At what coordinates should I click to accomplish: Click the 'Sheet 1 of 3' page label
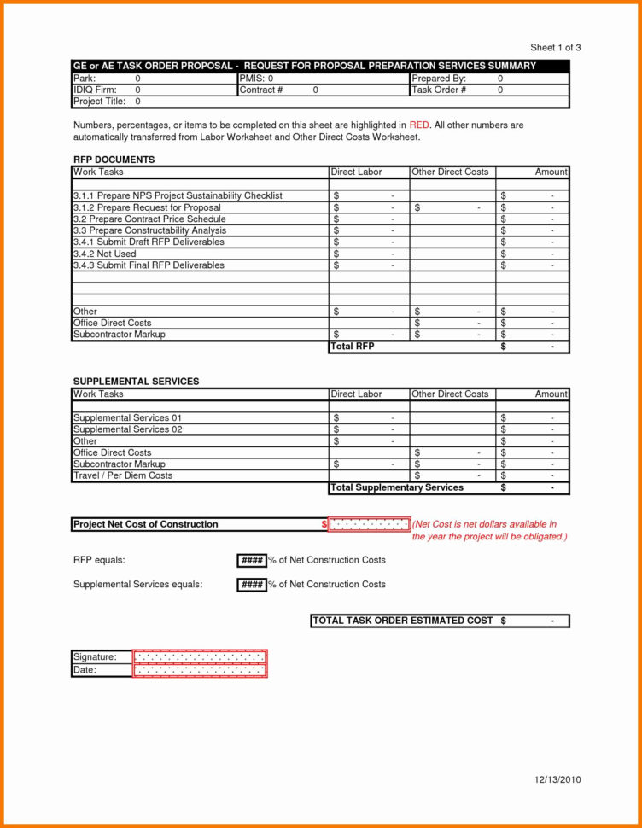click(555, 48)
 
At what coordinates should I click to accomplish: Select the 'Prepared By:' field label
click(439, 78)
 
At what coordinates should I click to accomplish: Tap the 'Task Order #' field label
click(439, 90)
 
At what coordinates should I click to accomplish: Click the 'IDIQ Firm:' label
click(96, 90)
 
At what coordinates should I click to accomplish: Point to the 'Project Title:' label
click(100, 102)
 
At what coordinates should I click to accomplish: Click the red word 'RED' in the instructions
click(419, 125)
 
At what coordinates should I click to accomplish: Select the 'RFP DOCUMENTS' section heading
click(114, 160)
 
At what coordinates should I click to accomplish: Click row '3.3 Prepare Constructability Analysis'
click(150, 230)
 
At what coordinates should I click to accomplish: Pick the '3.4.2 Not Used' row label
click(105, 254)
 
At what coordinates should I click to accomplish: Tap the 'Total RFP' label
click(353, 347)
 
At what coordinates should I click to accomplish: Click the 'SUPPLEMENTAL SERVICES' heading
click(137, 382)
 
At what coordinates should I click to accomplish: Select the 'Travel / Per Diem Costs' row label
click(123, 475)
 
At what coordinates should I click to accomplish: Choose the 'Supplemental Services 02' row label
click(128, 429)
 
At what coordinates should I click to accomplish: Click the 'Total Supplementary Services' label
click(397, 487)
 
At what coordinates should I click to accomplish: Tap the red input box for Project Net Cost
click(369, 524)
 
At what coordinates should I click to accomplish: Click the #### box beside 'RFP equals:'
click(251, 561)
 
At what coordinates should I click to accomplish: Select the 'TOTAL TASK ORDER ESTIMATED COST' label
click(403, 621)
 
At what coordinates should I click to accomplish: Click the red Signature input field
click(200, 657)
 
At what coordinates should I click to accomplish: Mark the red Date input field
click(200, 670)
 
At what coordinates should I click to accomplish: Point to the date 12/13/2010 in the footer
click(557, 780)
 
